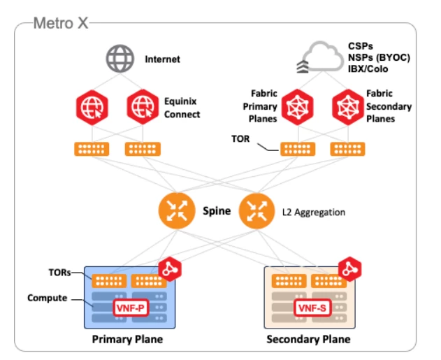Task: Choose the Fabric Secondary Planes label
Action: coord(389,107)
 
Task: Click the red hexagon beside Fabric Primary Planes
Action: coord(297,107)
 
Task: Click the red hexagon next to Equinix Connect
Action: coord(144,108)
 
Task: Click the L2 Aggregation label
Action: coord(313,211)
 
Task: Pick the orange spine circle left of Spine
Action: coord(175,210)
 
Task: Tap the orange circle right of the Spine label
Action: coord(256,210)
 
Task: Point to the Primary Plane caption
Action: coord(128,340)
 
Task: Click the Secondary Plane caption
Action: coord(308,340)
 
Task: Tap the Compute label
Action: coord(48,298)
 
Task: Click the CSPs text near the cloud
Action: coord(361,45)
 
